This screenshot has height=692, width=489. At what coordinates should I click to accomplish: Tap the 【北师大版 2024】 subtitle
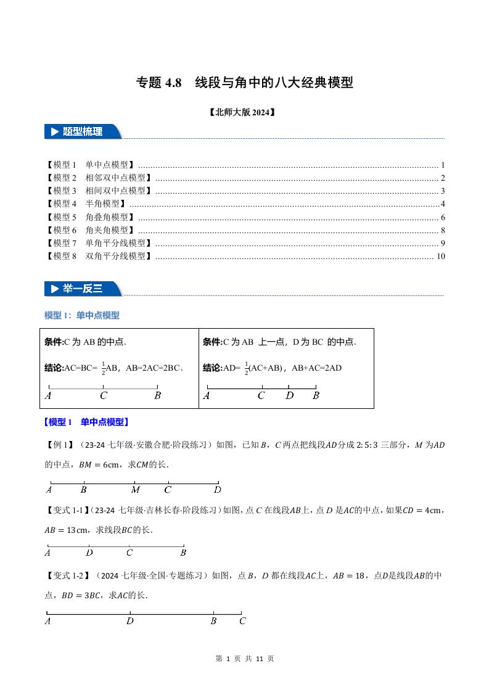pyautogui.click(x=244, y=113)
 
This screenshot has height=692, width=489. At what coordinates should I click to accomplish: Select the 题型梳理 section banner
pyautogui.click(x=83, y=131)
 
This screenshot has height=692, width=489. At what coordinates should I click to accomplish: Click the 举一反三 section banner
pyautogui.click(x=83, y=289)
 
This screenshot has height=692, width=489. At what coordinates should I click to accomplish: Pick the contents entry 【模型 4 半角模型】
pyautogui.click(x=86, y=204)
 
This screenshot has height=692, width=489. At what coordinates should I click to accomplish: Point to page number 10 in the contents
pyautogui.click(x=440, y=257)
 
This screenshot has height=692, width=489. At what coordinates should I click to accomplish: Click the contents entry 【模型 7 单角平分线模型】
pyautogui.click(x=99, y=244)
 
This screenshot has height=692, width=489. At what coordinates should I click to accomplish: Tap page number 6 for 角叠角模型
pyautogui.click(x=443, y=217)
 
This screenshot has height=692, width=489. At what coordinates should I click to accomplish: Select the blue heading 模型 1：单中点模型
pyautogui.click(x=82, y=316)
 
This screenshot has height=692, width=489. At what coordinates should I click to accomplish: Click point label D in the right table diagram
pyautogui.click(x=289, y=396)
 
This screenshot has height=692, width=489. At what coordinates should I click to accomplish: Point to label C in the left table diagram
pyautogui.click(x=104, y=396)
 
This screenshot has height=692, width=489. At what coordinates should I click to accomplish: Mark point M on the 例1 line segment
pyautogui.click(x=136, y=490)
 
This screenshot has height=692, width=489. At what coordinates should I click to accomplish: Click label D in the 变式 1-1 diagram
pyautogui.click(x=89, y=553)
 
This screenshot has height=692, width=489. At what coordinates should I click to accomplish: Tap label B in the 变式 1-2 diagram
pyautogui.click(x=213, y=621)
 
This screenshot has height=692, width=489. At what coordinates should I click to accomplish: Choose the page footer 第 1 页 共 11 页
pyautogui.click(x=244, y=659)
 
